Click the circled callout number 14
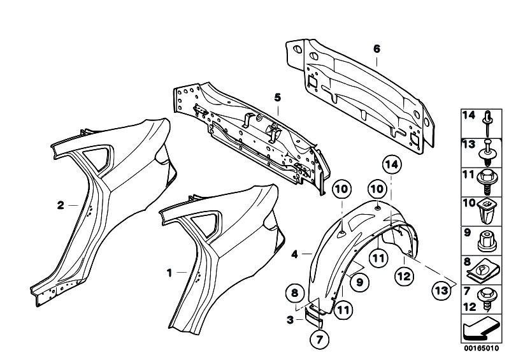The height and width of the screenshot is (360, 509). tap(392, 165)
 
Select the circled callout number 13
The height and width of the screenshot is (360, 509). tap(442, 290)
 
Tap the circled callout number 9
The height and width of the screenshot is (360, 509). tap(360, 282)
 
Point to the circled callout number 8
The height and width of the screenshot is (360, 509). tap(294, 294)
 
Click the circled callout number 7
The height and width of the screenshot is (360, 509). tap(320, 340)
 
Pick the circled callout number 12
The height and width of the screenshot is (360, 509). tap(404, 277)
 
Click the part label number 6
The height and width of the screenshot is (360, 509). tap(376, 49)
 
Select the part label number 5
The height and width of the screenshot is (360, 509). tap(277, 97)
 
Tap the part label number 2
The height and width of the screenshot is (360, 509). tap(61, 205)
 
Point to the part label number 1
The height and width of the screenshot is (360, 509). tap(169, 273)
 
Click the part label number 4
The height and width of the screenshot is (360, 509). tap(294, 254)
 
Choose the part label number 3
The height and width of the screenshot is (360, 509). tap(290, 320)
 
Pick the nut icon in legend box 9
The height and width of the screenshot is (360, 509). tap(487, 241)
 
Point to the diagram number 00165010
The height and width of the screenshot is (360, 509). tap(481, 349)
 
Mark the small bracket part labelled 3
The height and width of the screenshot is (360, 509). tap(313, 316)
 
